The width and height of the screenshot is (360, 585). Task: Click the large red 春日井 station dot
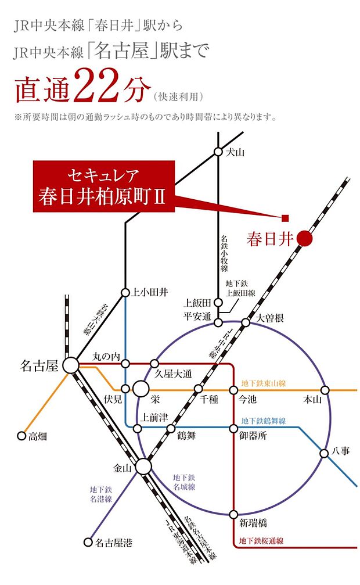(x=304, y=238)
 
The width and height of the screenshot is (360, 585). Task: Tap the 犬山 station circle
(x=218, y=152)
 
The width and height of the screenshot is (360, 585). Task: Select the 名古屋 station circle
(x=71, y=365)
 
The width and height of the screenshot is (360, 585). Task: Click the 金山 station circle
(x=143, y=466)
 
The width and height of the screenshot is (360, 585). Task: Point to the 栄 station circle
(x=141, y=389)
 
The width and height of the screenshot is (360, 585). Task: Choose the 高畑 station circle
(x=22, y=435)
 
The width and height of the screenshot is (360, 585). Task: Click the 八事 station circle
(x=325, y=453)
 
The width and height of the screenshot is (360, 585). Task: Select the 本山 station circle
(x=325, y=389)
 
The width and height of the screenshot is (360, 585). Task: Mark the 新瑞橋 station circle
(x=233, y=514)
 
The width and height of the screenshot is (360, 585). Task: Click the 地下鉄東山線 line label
(x=264, y=383)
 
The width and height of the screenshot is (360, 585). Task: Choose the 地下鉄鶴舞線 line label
(x=264, y=421)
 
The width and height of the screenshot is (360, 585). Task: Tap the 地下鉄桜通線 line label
(x=261, y=541)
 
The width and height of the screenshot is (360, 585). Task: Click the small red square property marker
(x=285, y=218)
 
